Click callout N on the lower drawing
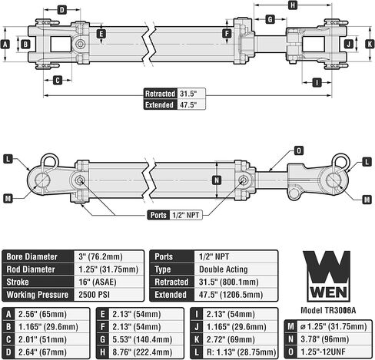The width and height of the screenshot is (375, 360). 217,181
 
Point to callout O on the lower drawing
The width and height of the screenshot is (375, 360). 298,150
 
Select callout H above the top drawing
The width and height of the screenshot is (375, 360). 293,5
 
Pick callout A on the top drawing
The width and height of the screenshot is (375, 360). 6,45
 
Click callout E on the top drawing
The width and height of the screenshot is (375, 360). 101,33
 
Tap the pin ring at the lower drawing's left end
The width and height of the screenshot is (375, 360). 49,161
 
